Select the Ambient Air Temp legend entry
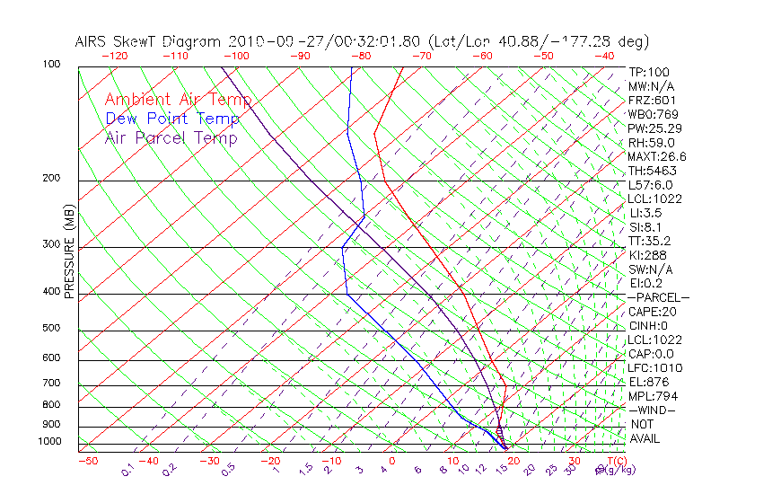pyautogui.click(x=178, y=100)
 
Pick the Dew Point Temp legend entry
pyautogui.click(x=172, y=119)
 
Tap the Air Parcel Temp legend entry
pyautogui.click(x=171, y=137)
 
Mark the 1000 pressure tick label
pyautogui.click(x=51, y=442)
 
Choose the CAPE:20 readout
pyautogui.click(x=652, y=312)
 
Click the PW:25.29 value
pyautogui.click(x=654, y=128)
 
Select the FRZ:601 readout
pyautogui.click(x=652, y=100)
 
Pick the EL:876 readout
pyautogui.click(x=649, y=382)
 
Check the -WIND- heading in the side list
pyautogui.click(x=652, y=410)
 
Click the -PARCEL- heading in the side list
pyautogui.click(x=658, y=297)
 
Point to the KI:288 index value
pyautogui.click(x=646, y=255)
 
